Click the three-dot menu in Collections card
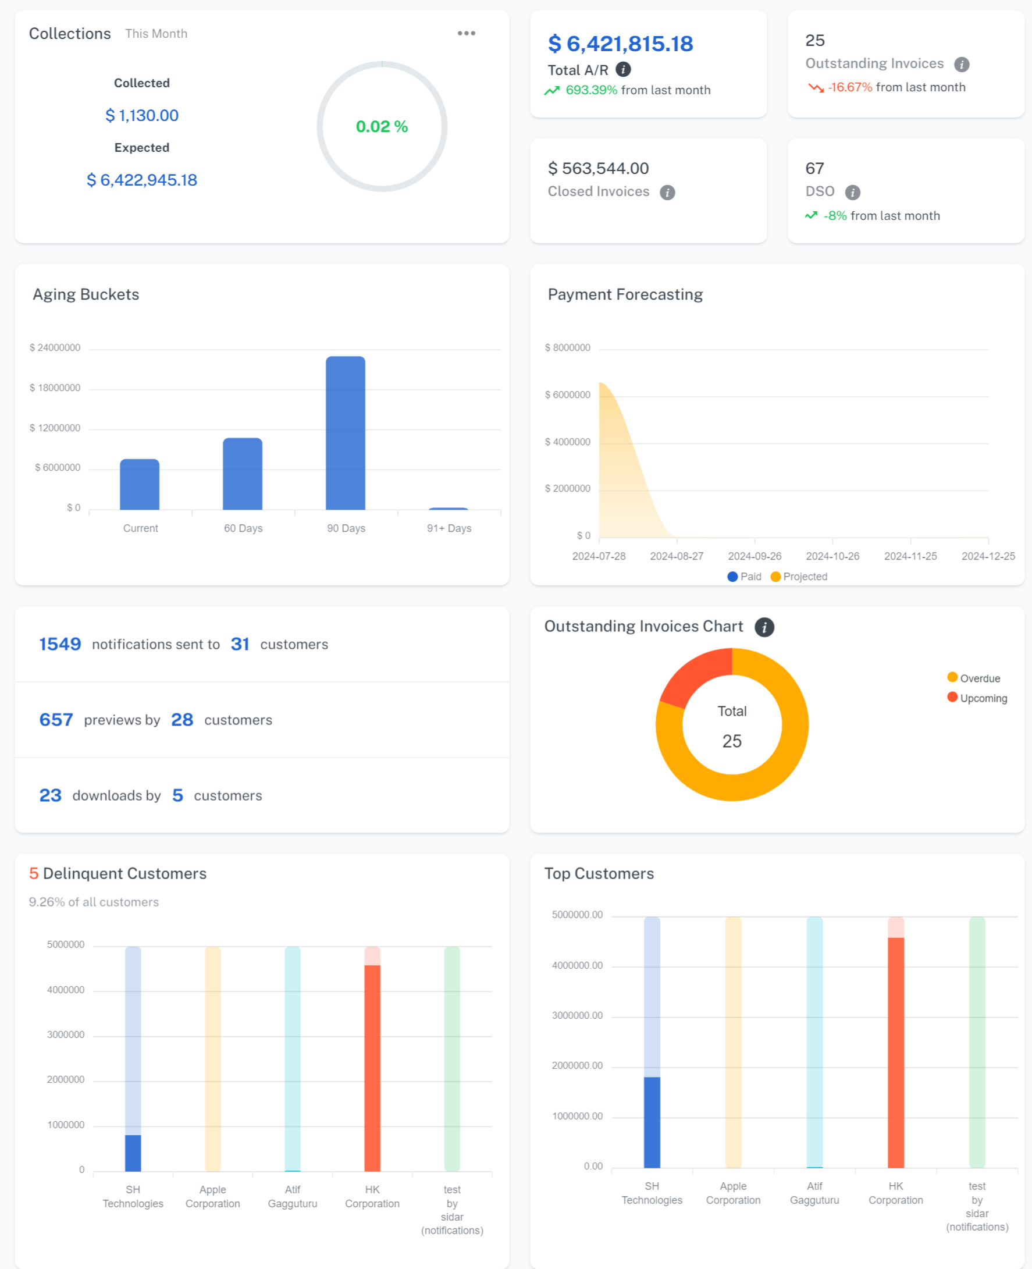tap(466, 33)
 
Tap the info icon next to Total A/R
tap(623, 70)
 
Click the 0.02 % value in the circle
tap(382, 126)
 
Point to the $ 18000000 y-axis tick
tap(55, 388)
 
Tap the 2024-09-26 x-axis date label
tap(755, 556)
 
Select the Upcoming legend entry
tap(977, 698)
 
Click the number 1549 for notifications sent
tap(60, 644)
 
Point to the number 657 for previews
tap(56, 720)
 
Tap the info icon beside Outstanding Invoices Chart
tap(764, 627)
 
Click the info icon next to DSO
tap(852, 192)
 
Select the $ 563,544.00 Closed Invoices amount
tap(598, 168)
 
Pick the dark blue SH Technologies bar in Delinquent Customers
tap(133, 1153)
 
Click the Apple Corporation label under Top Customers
tap(733, 1193)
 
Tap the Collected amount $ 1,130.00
tap(142, 115)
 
